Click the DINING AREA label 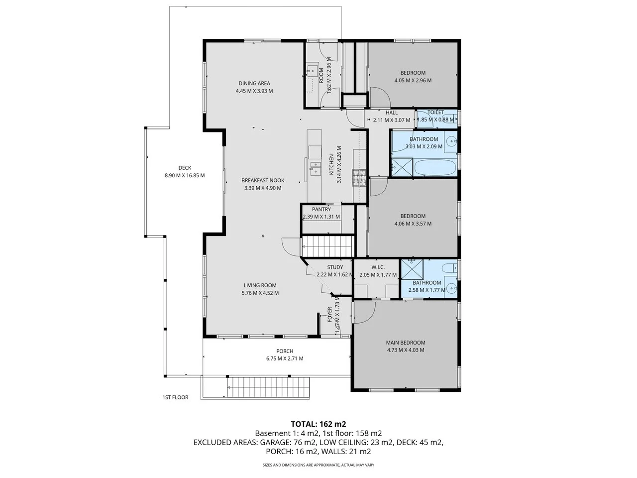[x=254, y=83]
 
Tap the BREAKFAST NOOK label [x=263, y=180]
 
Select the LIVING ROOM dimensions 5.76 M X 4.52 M [x=260, y=293]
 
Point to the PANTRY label [x=321, y=210]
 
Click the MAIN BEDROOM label [x=406, y=343]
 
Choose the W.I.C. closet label [x=378, y=267]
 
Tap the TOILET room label [x=435, y=113]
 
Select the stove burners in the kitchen [x=359, y=178]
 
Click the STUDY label [x=335, y=267]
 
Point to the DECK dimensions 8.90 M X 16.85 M [x=185, y=175]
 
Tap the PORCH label [x=285, y=351]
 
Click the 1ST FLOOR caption [x=175, y=397]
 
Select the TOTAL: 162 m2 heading [x=318, y=424]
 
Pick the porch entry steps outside [x=269, y=387]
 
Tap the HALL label [x=392, y=113]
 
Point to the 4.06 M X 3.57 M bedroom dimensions [x=413, y=224]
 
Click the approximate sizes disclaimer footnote [x=318, y=465]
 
